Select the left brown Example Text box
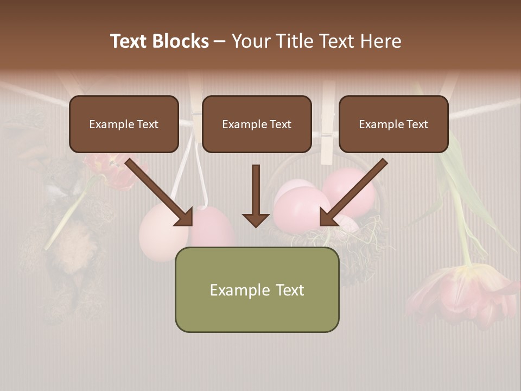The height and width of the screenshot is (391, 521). click(124, 124)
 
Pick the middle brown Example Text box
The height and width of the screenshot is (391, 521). click(257, 124)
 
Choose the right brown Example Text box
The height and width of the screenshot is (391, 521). click(393, 124)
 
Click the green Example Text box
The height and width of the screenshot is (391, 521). click(257, 289)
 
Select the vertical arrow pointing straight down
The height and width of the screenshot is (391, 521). click(256, 195)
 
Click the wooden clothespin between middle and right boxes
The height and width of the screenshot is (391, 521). click(327, 125)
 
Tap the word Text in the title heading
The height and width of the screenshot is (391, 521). click(130, 41)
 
